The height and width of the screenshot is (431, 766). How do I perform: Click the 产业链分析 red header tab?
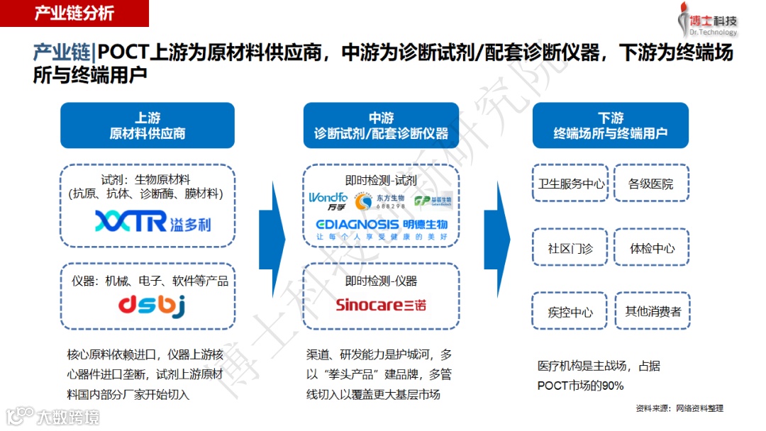click(74, 13)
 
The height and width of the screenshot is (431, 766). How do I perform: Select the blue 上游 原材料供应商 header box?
click(147, 125)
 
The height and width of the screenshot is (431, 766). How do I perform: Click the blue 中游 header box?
click(381, 125)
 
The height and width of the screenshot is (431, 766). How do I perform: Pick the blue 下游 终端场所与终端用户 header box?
click(610, 125)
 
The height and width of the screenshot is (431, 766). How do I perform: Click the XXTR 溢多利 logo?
click(152, 222)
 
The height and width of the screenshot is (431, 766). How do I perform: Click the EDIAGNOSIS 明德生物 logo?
click(381, 228)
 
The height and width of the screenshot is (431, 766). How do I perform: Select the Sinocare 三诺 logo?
click(381, 306)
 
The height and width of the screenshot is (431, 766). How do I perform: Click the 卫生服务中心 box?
click(571, 184)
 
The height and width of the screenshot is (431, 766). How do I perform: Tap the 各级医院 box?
click(651, 184)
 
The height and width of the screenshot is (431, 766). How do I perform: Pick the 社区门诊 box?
click(571, 249)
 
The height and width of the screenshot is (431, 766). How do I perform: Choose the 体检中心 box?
click(651, 249)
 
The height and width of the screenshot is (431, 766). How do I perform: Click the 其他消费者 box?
click(651, 312)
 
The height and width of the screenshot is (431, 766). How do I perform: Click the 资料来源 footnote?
click(679, 408)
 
